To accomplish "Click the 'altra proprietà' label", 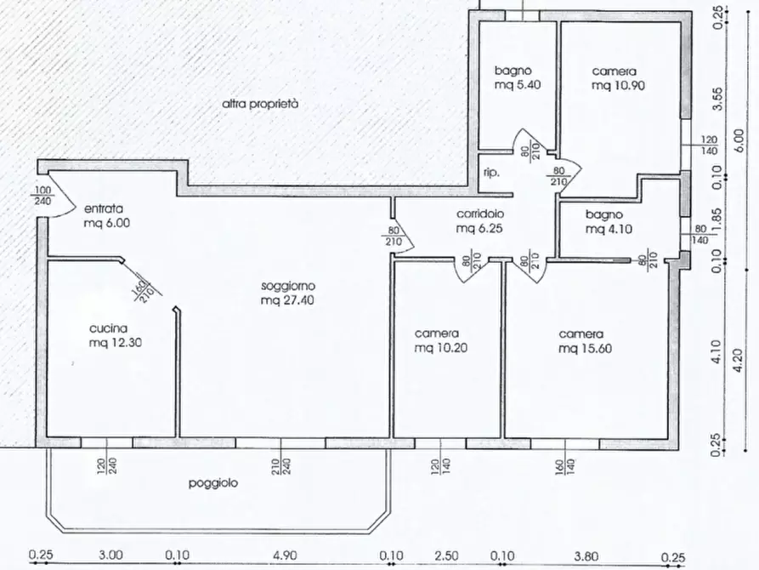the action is point(260,104).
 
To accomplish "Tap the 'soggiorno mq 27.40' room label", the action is point(287,293).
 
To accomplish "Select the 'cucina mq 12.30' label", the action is point(116,335).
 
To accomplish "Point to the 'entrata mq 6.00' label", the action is point(107,216).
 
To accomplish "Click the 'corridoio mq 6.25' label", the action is point(479,220).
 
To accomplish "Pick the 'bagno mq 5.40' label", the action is point(518,77).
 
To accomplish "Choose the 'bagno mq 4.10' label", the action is point(609,221).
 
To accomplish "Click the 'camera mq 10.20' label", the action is point(441,341).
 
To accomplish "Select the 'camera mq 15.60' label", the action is point(586,341).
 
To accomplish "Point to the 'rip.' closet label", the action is point(490,173).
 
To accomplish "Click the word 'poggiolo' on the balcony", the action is point(213,483).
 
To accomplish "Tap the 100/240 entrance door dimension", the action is point(43,197).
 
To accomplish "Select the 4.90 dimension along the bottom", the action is point(285,556).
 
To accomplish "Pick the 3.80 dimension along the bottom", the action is point(586,556).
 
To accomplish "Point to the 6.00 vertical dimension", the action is point(739,143).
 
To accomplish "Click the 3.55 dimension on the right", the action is point(717,99).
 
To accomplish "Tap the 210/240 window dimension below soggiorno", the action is point(281,466).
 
